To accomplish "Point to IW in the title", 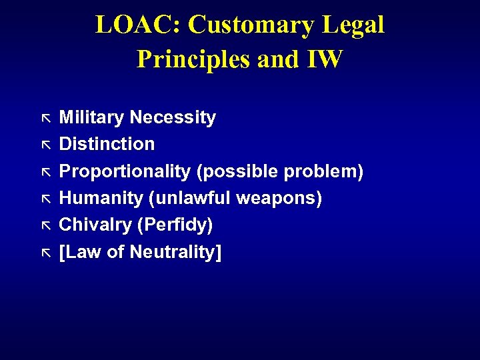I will click(325, 59).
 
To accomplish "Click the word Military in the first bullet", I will click(92, 118).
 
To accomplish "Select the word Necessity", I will click(173, 118).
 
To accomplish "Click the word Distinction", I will click(107, 144).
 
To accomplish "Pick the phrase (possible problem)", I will click(279, 171).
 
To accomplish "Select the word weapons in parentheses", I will click(284, 198).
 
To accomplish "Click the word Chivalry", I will click(95, 225).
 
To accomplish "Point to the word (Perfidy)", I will click(175, 225).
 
